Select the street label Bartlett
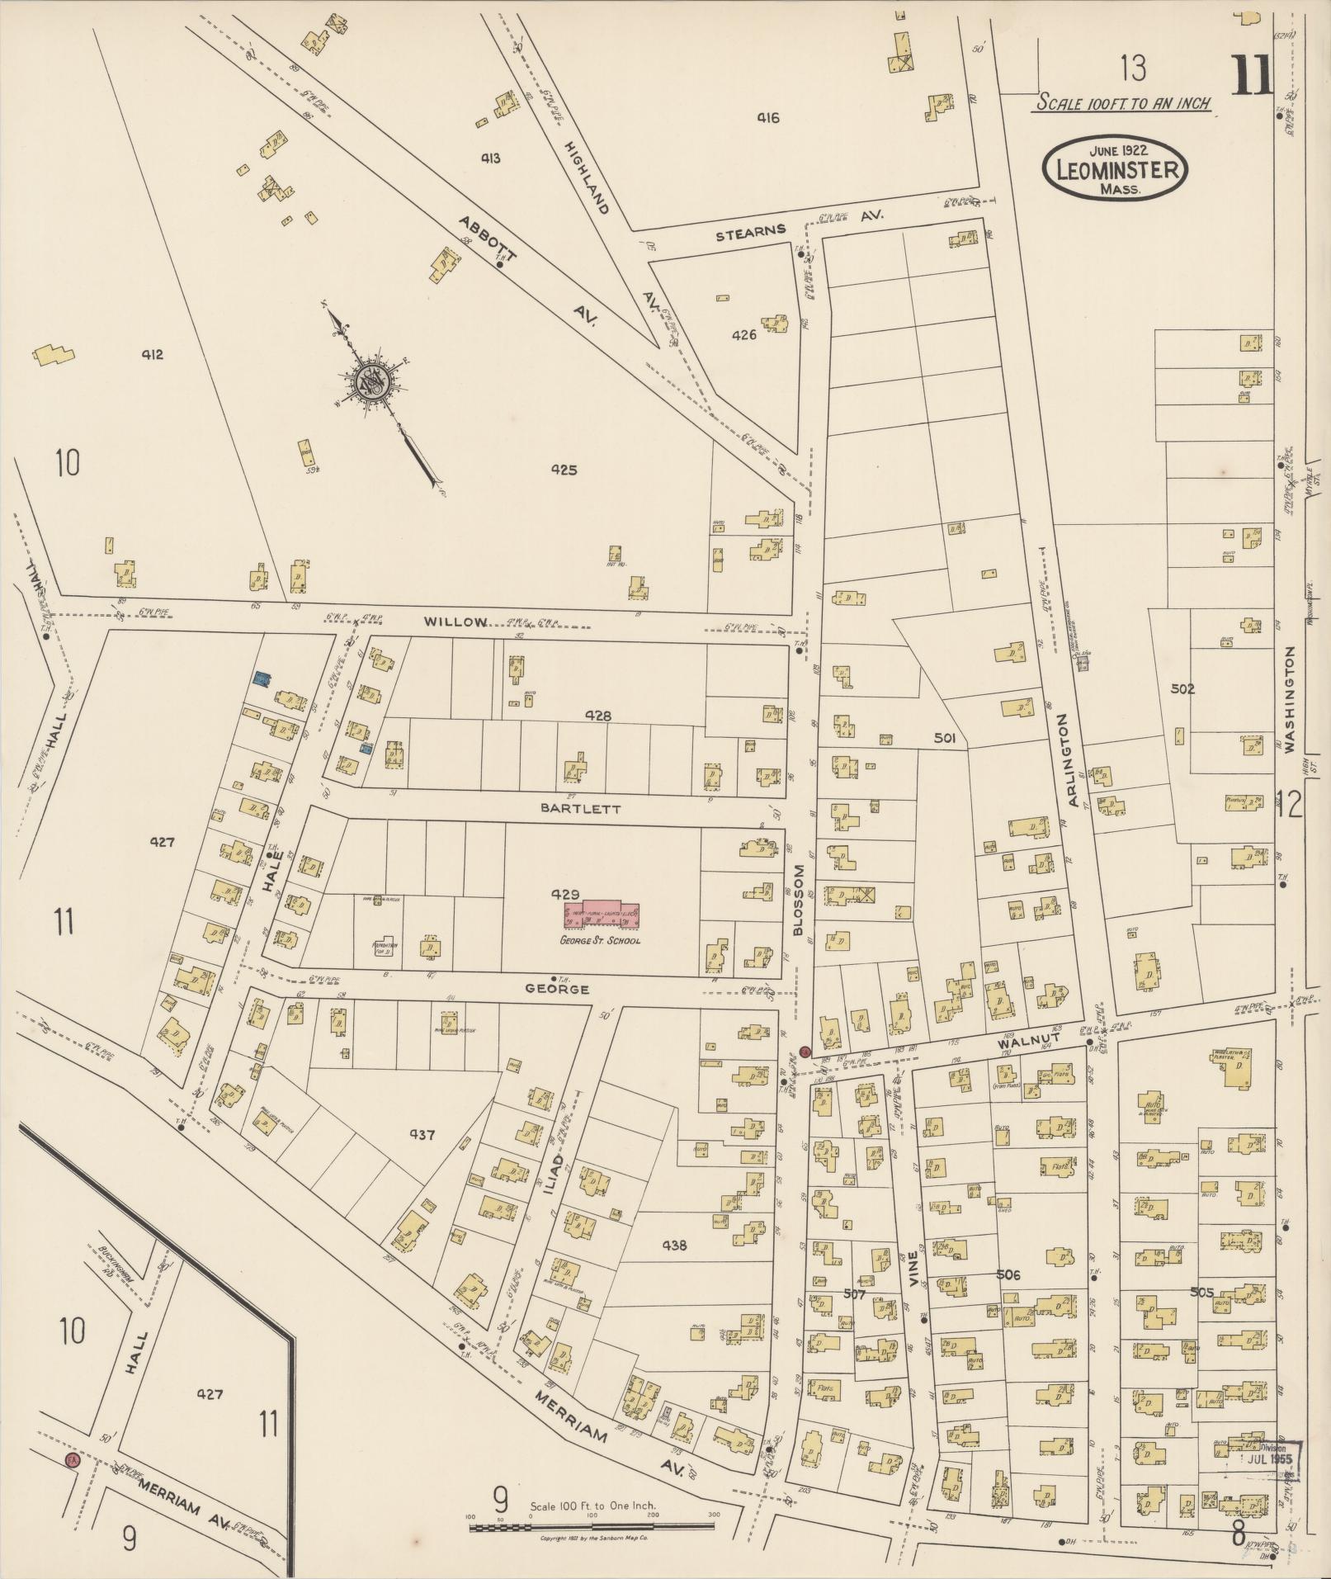pyautogui.click(x=580, y=809)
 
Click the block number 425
pyautogui.click(x=564, y=470)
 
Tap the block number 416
pyautogui.click(x=767, y=118)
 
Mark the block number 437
pyautogui.click(x=421, y=1134)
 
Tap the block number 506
pyautogui.click(x=1008, y=1274)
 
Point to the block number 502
pyautogui.click(x=1182, y=688)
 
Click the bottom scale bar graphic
pyautogui.click(x=592, y=1528)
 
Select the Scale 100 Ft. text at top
pyautogui.click(x=1123, y=104)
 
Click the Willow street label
pyautogui.click(x=455, y=622)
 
